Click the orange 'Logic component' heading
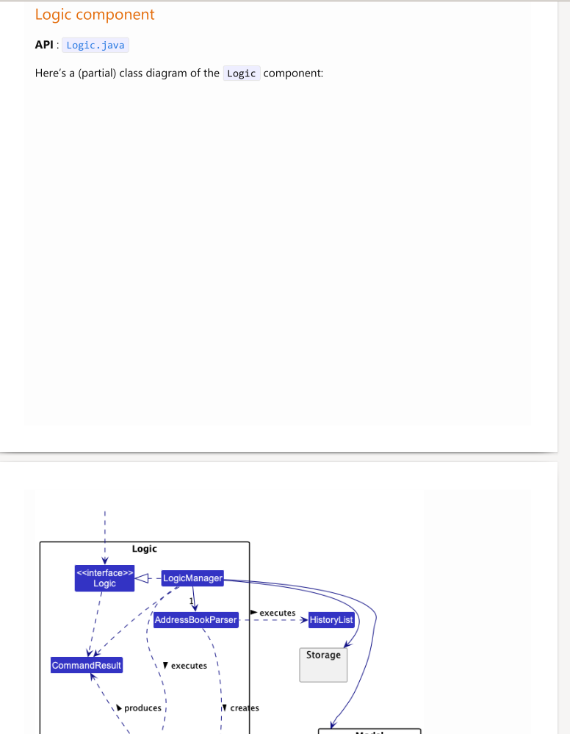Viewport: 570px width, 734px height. pyautogui.click(x=95, y=15)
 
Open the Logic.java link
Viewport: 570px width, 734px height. pyautogui.click(x=95, y=46)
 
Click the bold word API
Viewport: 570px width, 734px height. pyautogui.click(x=43, y=46)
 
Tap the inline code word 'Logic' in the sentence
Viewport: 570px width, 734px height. pyautogui.click(x=241, y=73)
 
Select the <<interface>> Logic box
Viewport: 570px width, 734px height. pyautogui.click(x=104, y=578)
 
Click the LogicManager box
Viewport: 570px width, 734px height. pyautogui.click(x=192, y=578)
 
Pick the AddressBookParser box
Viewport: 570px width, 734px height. pyautogui.click(x=196, y=620)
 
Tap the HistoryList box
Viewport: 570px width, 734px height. pyautogui.click(x=331, y=620)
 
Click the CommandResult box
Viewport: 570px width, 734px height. pyautogui.click(x=87, y=666)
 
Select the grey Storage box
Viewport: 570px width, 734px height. pyautogui.click(x=323, y=663)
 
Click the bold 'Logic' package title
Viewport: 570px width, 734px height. pyautogui.click(x=144, y=549)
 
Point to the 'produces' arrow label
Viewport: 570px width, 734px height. pyautogui.click(x=142, y=708)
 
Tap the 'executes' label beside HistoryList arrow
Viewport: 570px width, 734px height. pyautogui.click(x=277, y=613)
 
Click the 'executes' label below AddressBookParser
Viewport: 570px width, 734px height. pyautogui.click(x=189, y=666)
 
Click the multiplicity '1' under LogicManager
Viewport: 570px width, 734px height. pyautogui.click(x=190, y=602)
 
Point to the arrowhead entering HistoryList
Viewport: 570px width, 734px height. pyautogui.click(x=303, y=620)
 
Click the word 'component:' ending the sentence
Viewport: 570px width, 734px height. pyautogui.click(x=293, y=73)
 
